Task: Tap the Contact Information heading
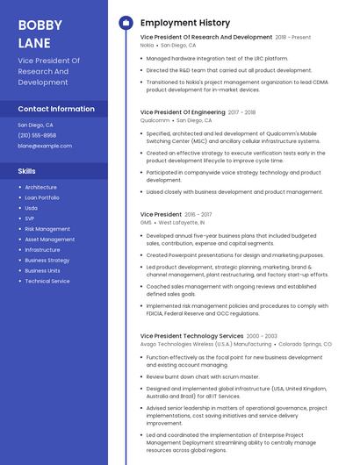click(x=56, y=109)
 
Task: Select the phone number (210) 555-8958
click(x=37, y=135)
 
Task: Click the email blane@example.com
click(x=45, y=146)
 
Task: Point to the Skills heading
click(x=27, y=171)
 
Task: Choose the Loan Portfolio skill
click(x=42, y=197)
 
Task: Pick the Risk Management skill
click(x=47, y=229)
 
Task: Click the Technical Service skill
click(x=47, y=282)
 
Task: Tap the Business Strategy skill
click(x=47, y=261)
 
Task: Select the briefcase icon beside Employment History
click(x=126, y=23)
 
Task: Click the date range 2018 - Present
click(x=293, y=38)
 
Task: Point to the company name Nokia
click(x=147, y=45)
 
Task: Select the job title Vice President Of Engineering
click(x=183, y=112)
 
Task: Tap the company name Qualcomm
click(x=155, y=120)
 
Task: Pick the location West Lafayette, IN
click(x=185, y=222)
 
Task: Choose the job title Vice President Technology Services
click(x=191, y=336)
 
